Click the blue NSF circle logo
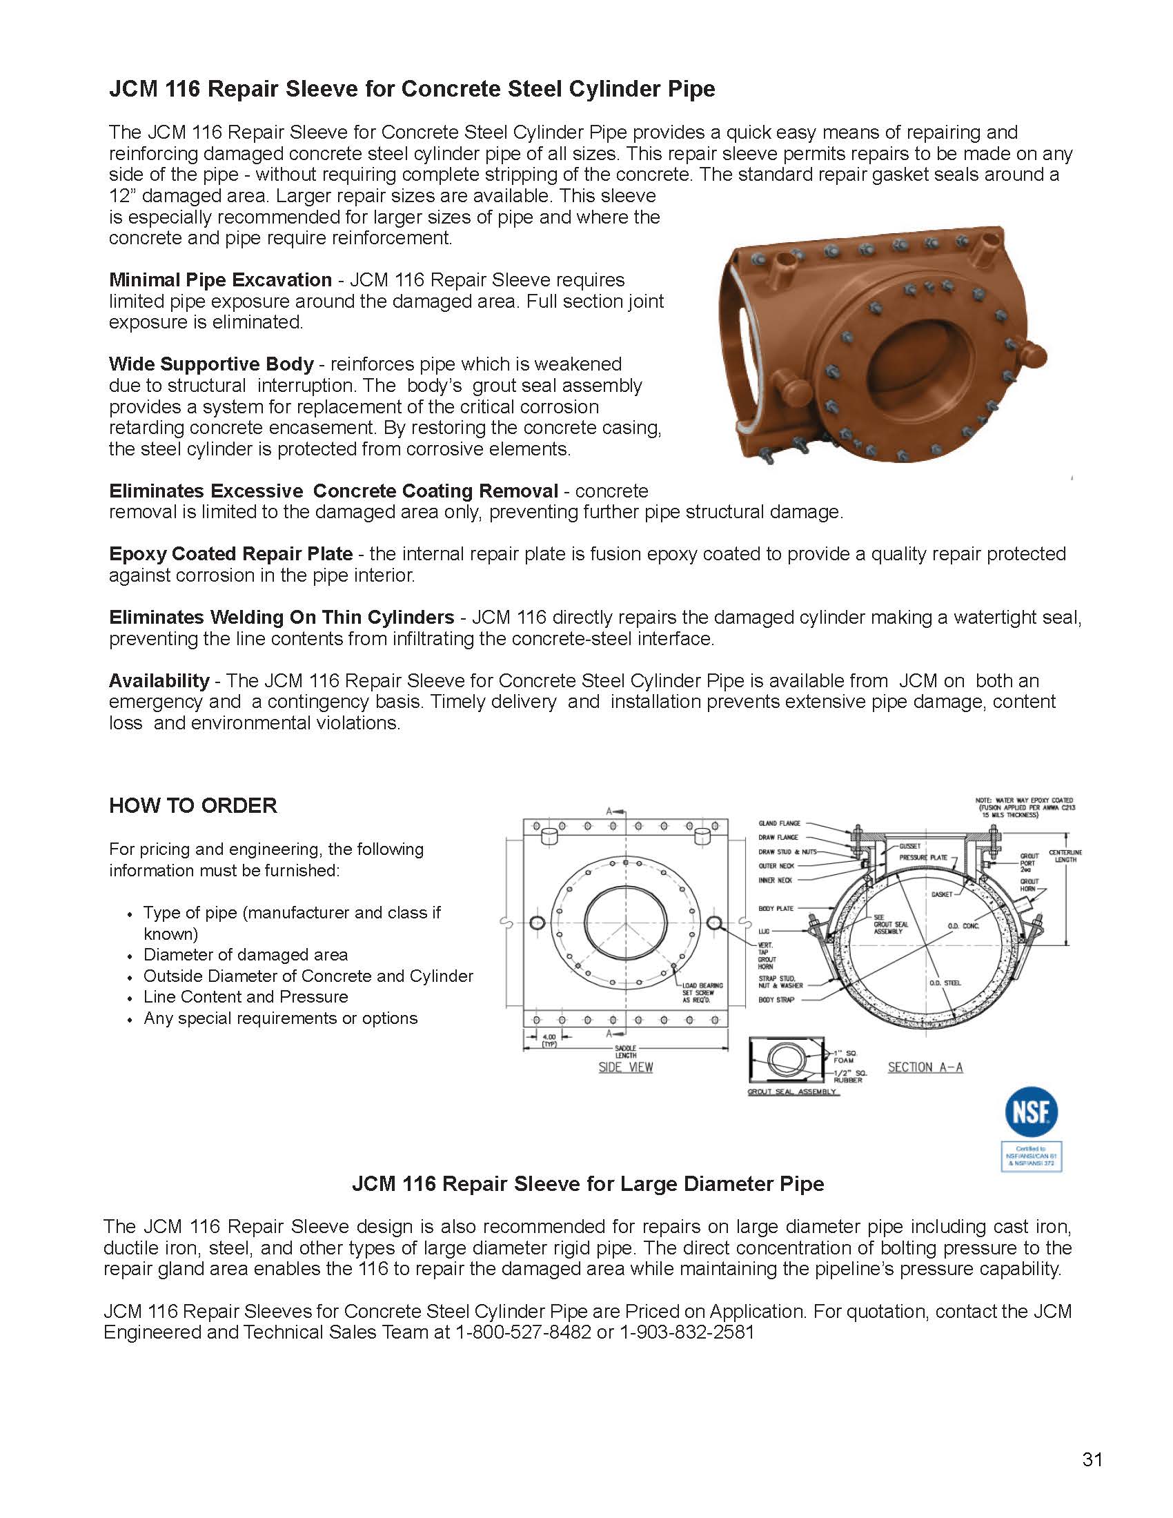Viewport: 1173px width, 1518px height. point(1032,1110)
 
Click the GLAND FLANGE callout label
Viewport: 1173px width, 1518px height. point(779,823)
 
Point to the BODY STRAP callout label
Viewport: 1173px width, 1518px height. point(776,1000)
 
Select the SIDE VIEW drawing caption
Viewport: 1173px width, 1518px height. point(625,1067)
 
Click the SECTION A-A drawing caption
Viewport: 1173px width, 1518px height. point(925,1067)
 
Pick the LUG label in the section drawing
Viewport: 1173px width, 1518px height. point(764,931)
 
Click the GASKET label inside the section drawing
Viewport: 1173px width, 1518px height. point(942,894)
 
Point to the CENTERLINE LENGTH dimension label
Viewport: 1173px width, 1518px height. point(1065,856)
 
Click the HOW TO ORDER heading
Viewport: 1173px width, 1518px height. point(193,805)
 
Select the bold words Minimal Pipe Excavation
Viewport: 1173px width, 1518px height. point(220,280)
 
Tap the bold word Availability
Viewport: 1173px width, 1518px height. point(159,680)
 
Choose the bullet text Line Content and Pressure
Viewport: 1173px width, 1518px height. point(246,997)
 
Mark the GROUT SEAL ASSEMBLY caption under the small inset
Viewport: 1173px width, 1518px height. point(793,1093)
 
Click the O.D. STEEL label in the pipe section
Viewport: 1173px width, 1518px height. point(945,983)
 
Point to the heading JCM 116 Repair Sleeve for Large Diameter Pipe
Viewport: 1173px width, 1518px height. point(587,1183)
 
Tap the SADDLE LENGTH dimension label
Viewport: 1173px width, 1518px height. point(625,1051)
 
